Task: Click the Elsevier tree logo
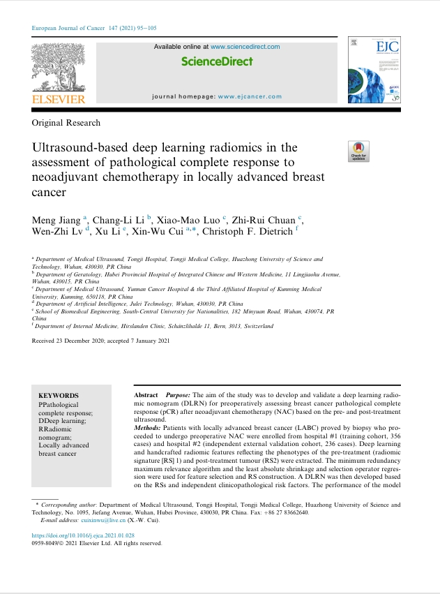[x=59, y=68]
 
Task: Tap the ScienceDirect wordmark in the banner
[x=217, y=61]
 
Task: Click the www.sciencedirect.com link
[x=245, y=47]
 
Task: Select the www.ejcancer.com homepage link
[x=250, y=96]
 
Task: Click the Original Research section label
[x=66, y=123]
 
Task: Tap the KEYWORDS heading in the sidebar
[x=59, y=396]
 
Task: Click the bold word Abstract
[x=146, y=395]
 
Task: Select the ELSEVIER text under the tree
[x=59, y=99]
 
